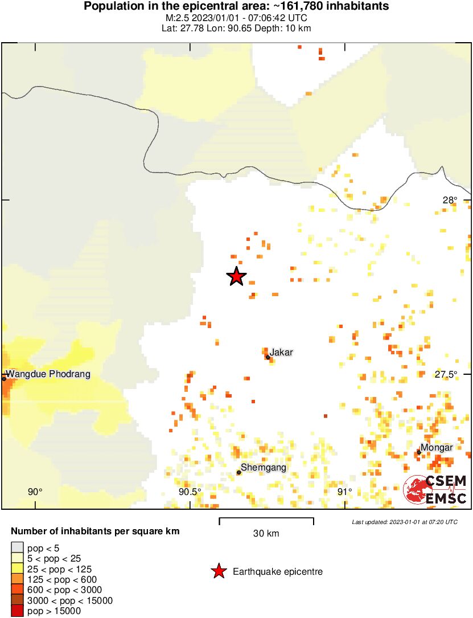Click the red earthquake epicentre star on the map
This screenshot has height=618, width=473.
[236, 276]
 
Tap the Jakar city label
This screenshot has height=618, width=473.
[281, 353]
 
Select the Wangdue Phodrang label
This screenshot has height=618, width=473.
[48, 374]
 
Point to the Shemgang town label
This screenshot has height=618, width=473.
[264, 468]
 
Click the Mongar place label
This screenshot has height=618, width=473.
[437, 448]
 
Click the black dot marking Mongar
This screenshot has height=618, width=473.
[418, 453]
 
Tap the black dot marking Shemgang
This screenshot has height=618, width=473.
[239, 472]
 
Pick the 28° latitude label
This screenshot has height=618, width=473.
[450, 200]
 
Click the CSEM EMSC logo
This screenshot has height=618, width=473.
[435, 490]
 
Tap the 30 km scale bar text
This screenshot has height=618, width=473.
[266, 534]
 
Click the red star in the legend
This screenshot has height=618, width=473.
[219, 571]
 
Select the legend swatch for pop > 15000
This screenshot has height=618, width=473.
[18, 611]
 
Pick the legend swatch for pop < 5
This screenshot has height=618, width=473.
[18, 548]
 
